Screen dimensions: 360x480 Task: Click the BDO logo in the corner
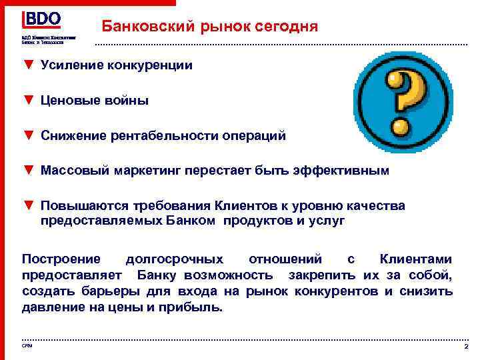pyautogui.click(x=41, y=19)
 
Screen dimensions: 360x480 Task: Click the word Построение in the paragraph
pyautogui.click(x=61, y=259)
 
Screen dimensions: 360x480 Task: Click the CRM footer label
pyautogui.click(x=27, y=345)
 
